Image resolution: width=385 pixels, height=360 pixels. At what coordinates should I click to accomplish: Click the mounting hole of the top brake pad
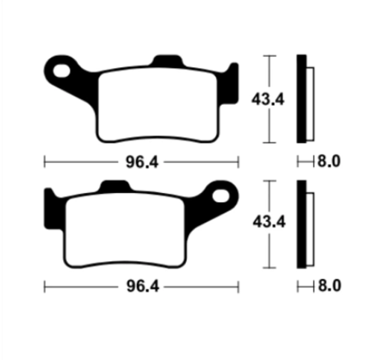click(61, 71)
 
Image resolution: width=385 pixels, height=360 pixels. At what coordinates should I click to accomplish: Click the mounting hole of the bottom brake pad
click(221, 196)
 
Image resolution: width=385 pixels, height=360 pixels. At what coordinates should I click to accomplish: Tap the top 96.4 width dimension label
click(142, 162)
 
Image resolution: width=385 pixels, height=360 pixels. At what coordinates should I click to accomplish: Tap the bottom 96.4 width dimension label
click(143, 286)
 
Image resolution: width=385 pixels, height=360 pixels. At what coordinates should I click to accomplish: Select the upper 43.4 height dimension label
click(268, 99)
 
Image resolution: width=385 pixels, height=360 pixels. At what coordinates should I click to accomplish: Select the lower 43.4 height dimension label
click(269, 222)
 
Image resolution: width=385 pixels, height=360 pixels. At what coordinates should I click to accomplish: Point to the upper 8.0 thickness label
click(329, 161)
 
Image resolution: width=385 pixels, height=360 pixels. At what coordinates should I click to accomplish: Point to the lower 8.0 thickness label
click(329, 286)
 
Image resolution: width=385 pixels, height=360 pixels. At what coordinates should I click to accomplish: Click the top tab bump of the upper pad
click(167, 60)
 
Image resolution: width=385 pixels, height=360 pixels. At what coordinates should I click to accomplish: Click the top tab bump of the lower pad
click(115, 186)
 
